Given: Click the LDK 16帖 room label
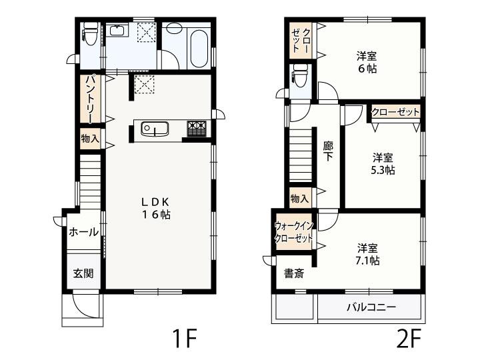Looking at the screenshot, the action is coord(155,208).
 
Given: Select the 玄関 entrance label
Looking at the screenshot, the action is coord(83,273).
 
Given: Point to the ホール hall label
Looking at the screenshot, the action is coord(83,233).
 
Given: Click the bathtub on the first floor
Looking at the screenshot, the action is coord(199,49).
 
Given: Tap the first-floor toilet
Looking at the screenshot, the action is coord(90,34).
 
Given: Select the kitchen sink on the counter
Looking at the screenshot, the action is coord(155,129).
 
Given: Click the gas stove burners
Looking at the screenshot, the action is coord(197,128).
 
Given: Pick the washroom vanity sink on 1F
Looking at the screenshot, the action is coord(117,31).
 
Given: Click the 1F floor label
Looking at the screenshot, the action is coord(184,338).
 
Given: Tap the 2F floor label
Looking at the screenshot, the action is coord(409,338).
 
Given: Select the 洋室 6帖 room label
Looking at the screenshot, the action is coord(367,63).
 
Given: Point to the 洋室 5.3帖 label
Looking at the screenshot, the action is coord(383,164).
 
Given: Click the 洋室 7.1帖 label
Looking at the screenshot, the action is coord(367,254).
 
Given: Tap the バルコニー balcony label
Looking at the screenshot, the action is coord(371,307).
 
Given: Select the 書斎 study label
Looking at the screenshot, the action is coord(294,273).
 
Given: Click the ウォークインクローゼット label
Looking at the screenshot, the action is coord(294,232).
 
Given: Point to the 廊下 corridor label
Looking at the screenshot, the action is coord(328,151).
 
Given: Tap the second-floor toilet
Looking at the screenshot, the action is coord(300,75).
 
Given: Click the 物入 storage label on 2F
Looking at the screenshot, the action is coord(299,199).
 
